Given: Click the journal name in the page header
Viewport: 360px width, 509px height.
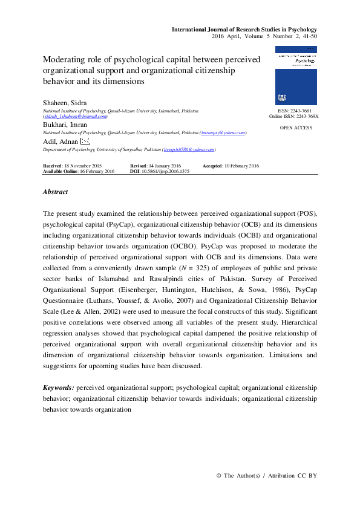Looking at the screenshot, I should (x=244, y=29).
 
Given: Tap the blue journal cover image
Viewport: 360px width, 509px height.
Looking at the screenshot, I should (x=296, y=76).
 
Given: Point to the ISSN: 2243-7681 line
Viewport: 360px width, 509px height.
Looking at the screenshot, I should (x=296, y=111).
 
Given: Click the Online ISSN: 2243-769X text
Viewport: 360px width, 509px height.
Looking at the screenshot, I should (x=294, y=117).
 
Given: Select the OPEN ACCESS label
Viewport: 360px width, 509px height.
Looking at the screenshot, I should (x=296, y=128).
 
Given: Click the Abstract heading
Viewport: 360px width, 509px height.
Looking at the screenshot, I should (x=55, y=192).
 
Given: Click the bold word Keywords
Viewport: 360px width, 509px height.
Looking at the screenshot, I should (x=59, y=387).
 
